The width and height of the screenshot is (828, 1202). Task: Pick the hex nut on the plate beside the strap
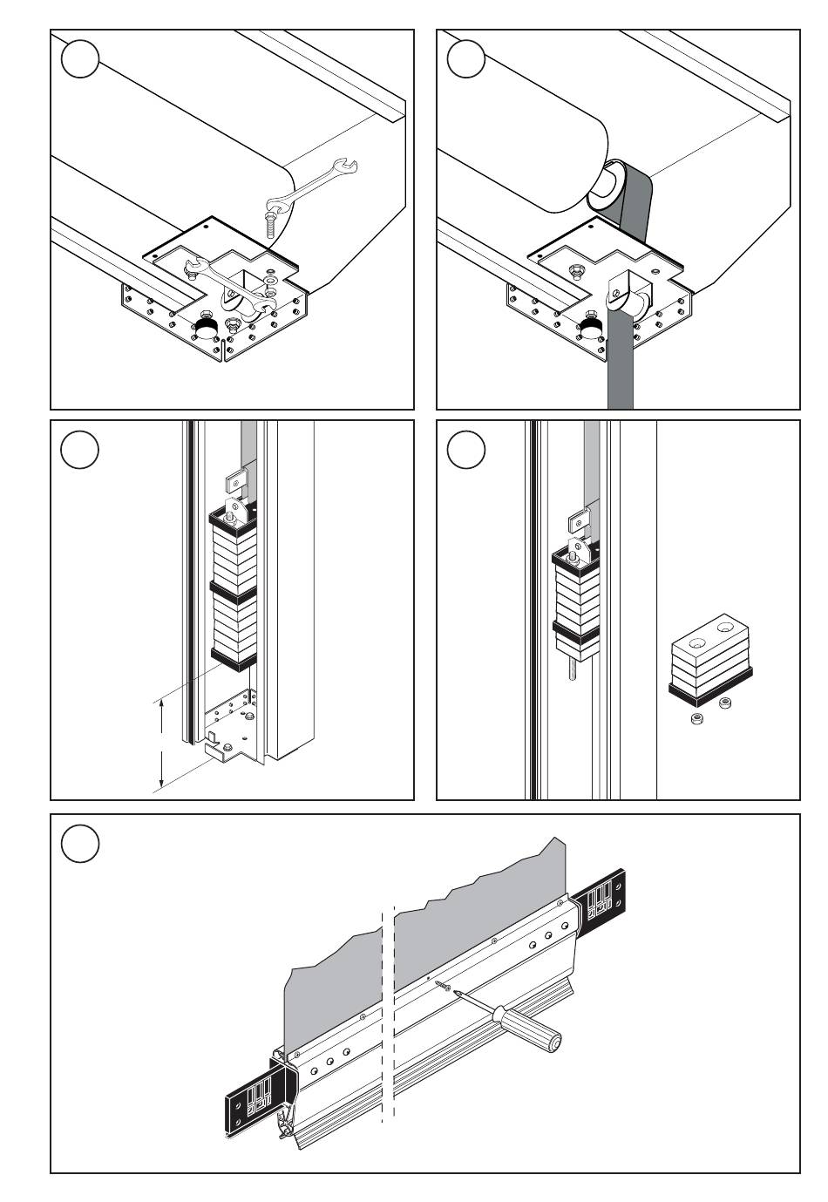click(x=575, y=273)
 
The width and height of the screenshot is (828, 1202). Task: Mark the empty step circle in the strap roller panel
click(x=465, y=58)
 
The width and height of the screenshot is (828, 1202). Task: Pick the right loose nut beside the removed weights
click(x=726, y=703)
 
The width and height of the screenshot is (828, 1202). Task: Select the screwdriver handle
click(x=528, y=421)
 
